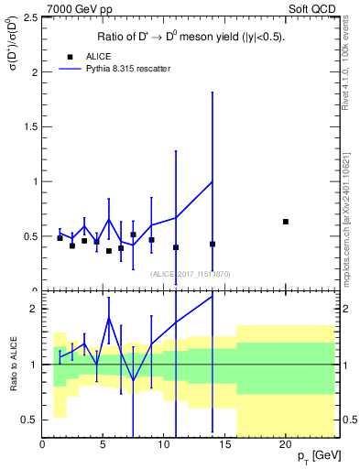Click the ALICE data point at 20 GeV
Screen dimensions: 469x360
tap(286, 222)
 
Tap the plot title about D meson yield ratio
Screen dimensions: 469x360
tap(191, 38)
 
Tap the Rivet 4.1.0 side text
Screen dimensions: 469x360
tap(348, 82)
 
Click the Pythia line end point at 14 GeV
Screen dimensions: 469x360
tap(213, 181)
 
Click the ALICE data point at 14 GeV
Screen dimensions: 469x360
tap(213, 244)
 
